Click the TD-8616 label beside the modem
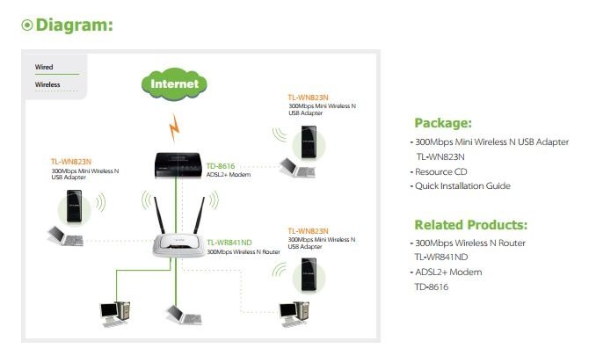click(x=221, y=164)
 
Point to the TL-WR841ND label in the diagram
click(x=231, y=241)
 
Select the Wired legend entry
click(x=44, y=67)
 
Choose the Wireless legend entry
click(x=47, y=84)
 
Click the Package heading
click(x=443, y=122)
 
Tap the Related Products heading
click(x=470, y=224)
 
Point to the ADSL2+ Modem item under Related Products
click(x=449, y=272)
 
